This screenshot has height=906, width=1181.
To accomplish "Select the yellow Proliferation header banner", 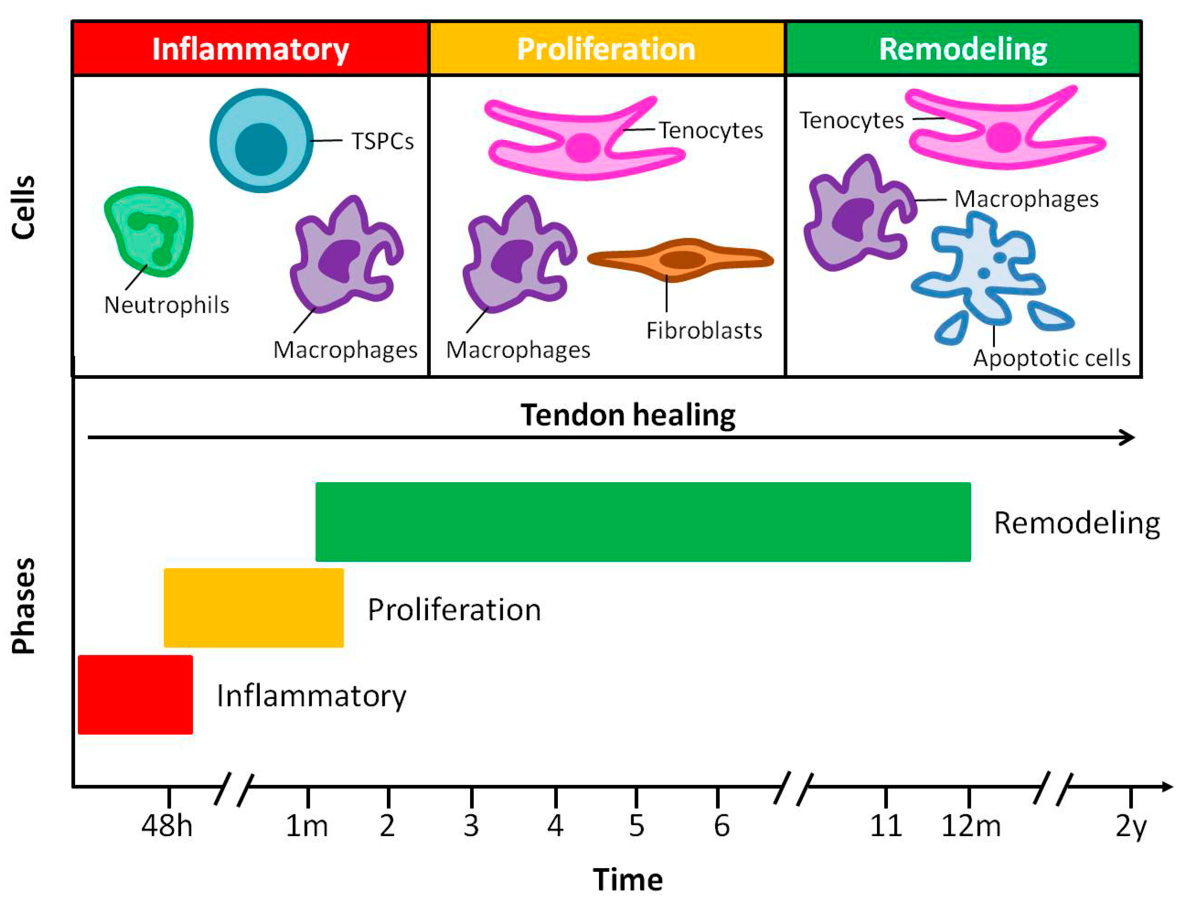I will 606,48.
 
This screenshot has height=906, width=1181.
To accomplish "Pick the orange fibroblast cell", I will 680,260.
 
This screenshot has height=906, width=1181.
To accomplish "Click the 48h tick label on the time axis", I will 167,826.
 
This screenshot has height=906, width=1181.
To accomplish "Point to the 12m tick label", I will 971,826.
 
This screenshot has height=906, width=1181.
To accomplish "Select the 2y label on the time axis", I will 1131,826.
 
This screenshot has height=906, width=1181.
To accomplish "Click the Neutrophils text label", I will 166,305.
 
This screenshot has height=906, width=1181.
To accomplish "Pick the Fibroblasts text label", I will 704,330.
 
